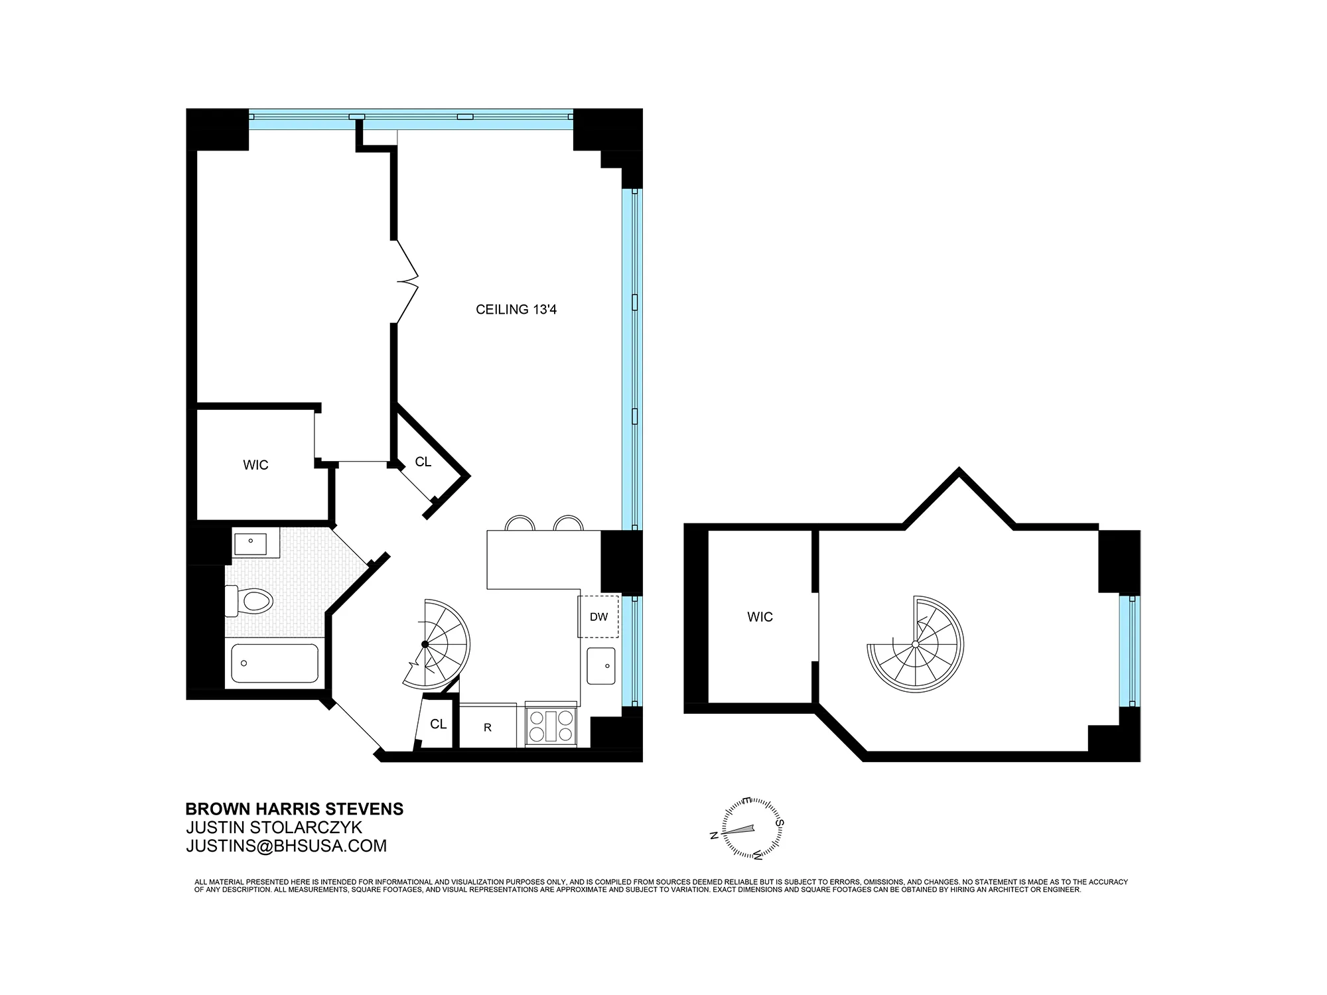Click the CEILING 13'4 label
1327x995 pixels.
516,310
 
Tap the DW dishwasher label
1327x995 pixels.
598,617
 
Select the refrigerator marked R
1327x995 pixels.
488,727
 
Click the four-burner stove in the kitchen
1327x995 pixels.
551,726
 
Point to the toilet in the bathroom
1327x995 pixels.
250,601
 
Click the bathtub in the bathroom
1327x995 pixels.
275,663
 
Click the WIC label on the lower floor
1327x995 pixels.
255,465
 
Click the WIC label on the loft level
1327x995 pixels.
760,617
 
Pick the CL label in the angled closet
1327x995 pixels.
423,462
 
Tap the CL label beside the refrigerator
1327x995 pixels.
438,724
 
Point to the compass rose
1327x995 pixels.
749,830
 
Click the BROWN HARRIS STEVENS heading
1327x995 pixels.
294,809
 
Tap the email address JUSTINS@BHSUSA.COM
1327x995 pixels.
286,846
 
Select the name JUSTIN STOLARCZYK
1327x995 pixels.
274,828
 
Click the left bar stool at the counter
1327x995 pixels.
520,523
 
